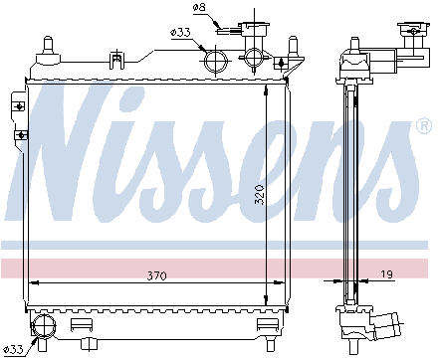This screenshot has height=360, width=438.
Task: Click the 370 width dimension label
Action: (156, 275)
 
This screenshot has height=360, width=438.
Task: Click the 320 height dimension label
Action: (260, 195)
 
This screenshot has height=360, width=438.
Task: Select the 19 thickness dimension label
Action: (385, 274)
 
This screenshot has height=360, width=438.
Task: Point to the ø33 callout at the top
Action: (180, 33)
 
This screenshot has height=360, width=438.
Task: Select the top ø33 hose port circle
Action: (216, 62)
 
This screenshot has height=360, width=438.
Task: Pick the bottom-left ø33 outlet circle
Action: (44, 326)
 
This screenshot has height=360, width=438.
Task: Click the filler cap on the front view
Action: (254, 29)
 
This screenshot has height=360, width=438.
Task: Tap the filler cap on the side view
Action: (414, 29)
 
